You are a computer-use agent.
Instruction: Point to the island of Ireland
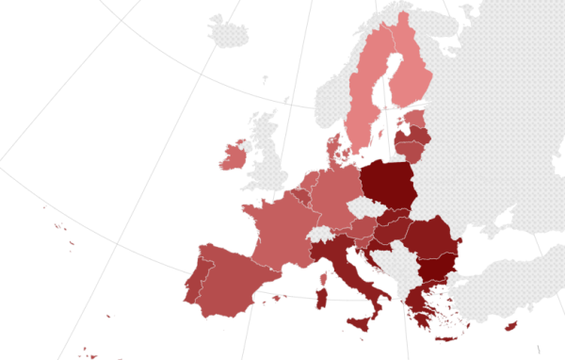pos(234,155)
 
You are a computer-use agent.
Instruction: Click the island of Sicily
pos(361,322)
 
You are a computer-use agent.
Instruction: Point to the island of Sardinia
pos(321,300)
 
